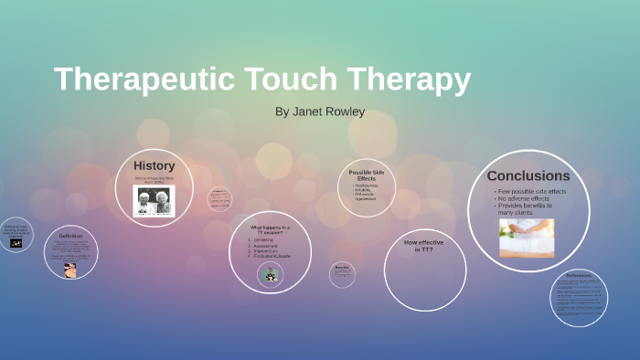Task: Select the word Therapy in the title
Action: [x=415, y=80]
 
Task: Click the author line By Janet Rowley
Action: [x=319, y=112]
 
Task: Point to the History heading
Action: [x=154, y=165]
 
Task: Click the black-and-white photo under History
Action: [x=154, y=200]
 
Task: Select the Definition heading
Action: [x=70, y=236]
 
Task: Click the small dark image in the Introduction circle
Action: [x=16, y=243]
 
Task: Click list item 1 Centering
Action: [x=265, y=239]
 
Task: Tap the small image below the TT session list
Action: [x=270, y=275]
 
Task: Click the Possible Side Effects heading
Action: [x=368, y=175]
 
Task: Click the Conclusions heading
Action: [x=528, y=175]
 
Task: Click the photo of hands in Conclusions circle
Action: [x=526, y=238]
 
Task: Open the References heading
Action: [x=579, y=275]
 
